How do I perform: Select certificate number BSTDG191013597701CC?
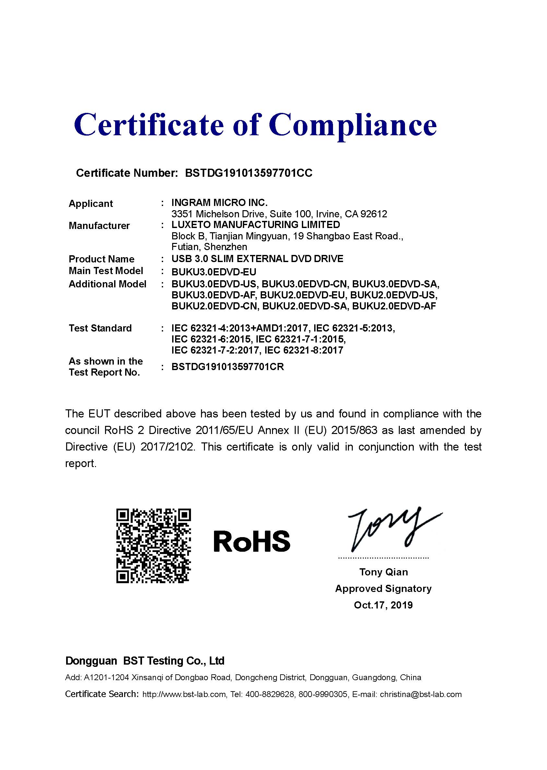[249, 173]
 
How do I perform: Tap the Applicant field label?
[90, 204]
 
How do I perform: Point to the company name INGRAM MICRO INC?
[219, 203]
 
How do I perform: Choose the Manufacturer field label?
[99, 226]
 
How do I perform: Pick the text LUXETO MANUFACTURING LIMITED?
[256, 225]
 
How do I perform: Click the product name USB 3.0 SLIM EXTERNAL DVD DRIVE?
[257, 259]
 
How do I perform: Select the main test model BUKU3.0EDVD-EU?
[214, 271]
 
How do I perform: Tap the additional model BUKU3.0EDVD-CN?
[304, 284]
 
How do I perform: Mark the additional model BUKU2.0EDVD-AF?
[394, 306]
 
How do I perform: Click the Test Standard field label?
[100, 328]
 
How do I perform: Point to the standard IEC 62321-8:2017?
[303, 350]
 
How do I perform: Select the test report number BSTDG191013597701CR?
[227, 367]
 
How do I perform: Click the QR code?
[154, 546]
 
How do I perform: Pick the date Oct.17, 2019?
[383, 605]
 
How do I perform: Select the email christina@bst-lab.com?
[420, 694]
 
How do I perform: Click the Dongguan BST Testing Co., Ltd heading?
[145, 661]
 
